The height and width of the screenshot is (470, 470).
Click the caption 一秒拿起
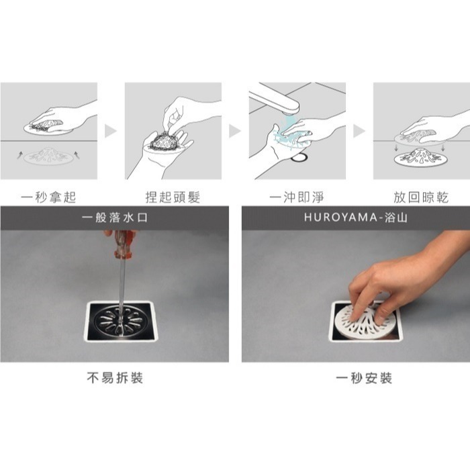[48, 197]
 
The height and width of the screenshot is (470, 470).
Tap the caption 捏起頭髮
[173, 197]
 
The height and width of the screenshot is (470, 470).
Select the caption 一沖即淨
[297, 197]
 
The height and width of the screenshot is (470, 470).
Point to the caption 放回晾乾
[421, 197]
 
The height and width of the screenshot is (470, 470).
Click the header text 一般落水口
[115, 218]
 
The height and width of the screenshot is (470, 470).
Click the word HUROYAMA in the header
[341, 218]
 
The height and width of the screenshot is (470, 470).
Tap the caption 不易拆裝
[115, 377]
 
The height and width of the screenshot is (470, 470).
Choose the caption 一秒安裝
[364, 378]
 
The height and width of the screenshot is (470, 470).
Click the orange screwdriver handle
[124, 244]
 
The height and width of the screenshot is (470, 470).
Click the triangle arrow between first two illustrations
[111, 131]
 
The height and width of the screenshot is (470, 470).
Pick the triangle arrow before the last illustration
[359, 131]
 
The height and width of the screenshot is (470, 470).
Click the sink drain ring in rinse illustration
[299, 157]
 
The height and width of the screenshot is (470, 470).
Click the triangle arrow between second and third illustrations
[235, 131]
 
